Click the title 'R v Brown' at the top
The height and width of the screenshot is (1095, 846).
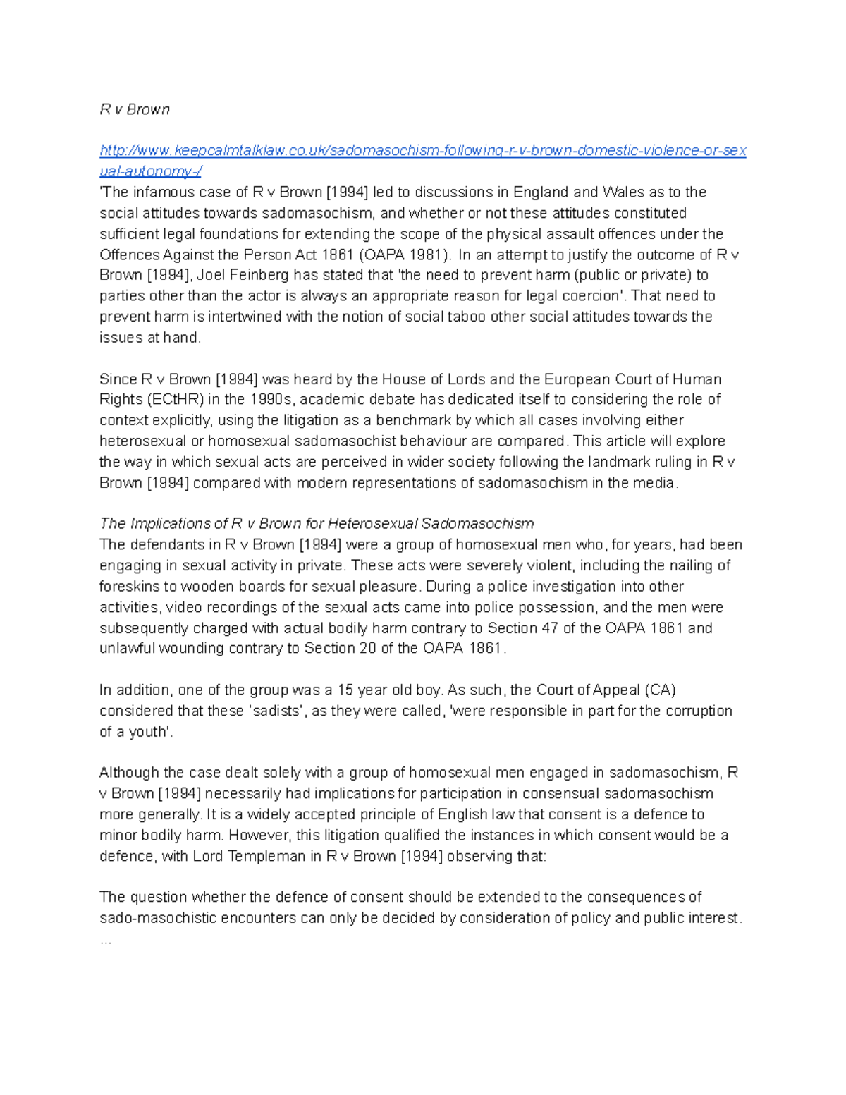135,109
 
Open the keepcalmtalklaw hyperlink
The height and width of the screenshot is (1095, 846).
423,150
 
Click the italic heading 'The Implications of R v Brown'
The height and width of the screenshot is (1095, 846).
317,523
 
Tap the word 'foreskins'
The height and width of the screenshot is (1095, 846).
129,587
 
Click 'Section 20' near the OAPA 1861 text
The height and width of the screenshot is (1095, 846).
339,649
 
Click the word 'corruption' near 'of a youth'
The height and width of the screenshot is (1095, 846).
697,711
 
